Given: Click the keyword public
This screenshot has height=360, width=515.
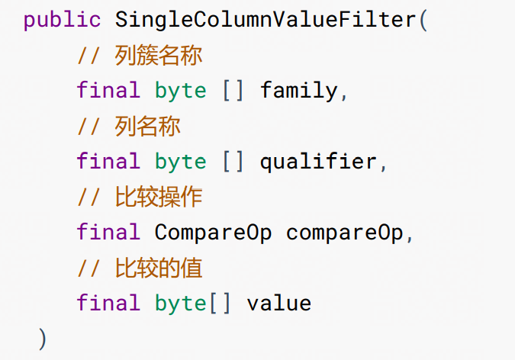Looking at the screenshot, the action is point(63,20).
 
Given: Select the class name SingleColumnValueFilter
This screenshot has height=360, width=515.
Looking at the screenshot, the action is point(266,20).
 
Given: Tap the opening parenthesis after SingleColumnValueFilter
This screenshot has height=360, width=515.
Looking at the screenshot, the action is point(423,20).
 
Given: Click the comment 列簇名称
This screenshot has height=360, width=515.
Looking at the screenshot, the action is point(140,56).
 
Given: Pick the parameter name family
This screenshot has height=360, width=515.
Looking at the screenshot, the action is point(298,91).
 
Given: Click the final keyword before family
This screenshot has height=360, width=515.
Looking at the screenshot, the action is point(108,91).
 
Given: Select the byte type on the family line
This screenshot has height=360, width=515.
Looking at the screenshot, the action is point(181,91).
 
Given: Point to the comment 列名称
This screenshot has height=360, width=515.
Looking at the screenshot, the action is point(129,126).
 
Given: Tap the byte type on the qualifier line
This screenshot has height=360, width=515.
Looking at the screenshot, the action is point(181,162).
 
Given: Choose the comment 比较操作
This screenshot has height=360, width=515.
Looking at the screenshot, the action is point(140,197).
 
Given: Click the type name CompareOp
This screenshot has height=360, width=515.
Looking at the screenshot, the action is point(214,233).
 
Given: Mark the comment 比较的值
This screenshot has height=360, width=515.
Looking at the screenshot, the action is point(140,268).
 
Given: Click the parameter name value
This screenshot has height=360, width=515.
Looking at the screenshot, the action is point(279,304).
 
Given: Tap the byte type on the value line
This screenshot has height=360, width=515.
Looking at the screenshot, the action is point(181,304).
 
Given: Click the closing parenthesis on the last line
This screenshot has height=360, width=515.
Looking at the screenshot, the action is point(43,339).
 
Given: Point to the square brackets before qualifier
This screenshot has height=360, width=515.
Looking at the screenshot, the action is point(233,162).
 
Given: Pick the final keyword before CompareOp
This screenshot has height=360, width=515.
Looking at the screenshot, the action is point(108,233).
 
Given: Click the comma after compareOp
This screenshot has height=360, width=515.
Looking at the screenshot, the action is point(410,236).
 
